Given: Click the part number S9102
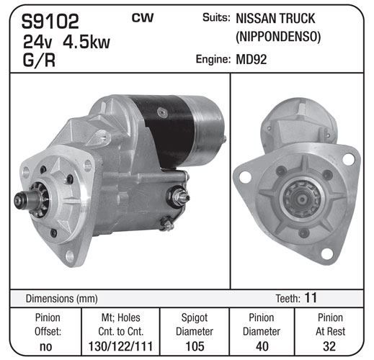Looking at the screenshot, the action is [50, 22].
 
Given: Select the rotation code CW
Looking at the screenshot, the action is [143, 18].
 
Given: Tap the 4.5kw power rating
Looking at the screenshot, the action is [86, 42].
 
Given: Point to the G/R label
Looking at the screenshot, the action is [39, 60].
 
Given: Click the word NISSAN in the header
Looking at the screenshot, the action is [256, 19].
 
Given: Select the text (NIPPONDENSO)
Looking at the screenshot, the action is [278, 37].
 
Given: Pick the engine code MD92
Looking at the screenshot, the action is [251, 60].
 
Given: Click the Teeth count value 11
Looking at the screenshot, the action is [311, 297].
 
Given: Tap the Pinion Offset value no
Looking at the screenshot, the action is [45, 346].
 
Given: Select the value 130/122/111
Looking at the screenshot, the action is [120, 346].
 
